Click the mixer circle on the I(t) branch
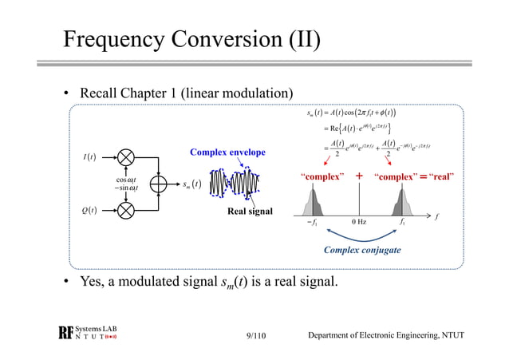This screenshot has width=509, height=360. tap(126, 155)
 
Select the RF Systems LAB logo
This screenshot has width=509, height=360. tap(89, 334)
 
